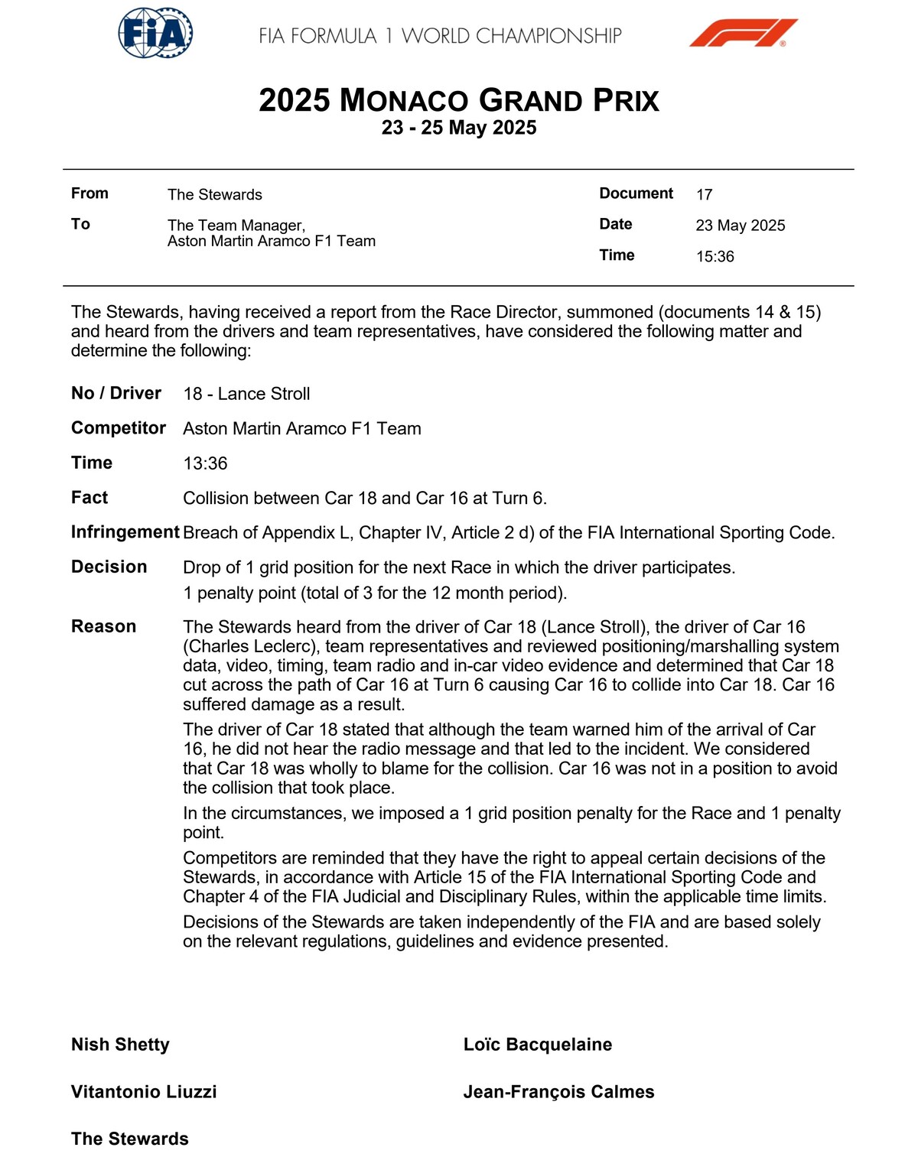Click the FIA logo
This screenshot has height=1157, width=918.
[x=155, y=33]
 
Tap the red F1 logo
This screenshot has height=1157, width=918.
[x=743, y=33]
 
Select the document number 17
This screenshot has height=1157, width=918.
[x=704, y=195]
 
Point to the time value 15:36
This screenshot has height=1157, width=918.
[x=715, y=257]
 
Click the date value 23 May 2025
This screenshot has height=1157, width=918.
[x=740, y=226]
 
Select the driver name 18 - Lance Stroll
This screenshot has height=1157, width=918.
[x=246, y=394]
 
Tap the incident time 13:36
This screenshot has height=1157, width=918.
[x=205, y=463]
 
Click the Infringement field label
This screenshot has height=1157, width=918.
[x=125, y=532]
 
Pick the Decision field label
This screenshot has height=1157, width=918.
[x=109, y=567]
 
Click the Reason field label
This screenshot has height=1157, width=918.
[x=103, y=626]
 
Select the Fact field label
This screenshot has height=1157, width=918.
[x=90, y=498]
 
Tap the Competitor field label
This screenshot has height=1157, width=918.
[x=118, y=428]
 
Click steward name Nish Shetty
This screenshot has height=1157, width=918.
[x=120, y=1045]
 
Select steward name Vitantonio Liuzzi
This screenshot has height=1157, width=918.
[x=144, y=1092]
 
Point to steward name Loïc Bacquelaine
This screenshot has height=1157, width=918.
[x=537, y=1045]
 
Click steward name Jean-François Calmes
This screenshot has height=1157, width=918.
[x=558, y=1092]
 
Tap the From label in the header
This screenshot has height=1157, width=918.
[x=90, y=193]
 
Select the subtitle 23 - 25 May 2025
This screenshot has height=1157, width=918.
[x=459, y=128]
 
